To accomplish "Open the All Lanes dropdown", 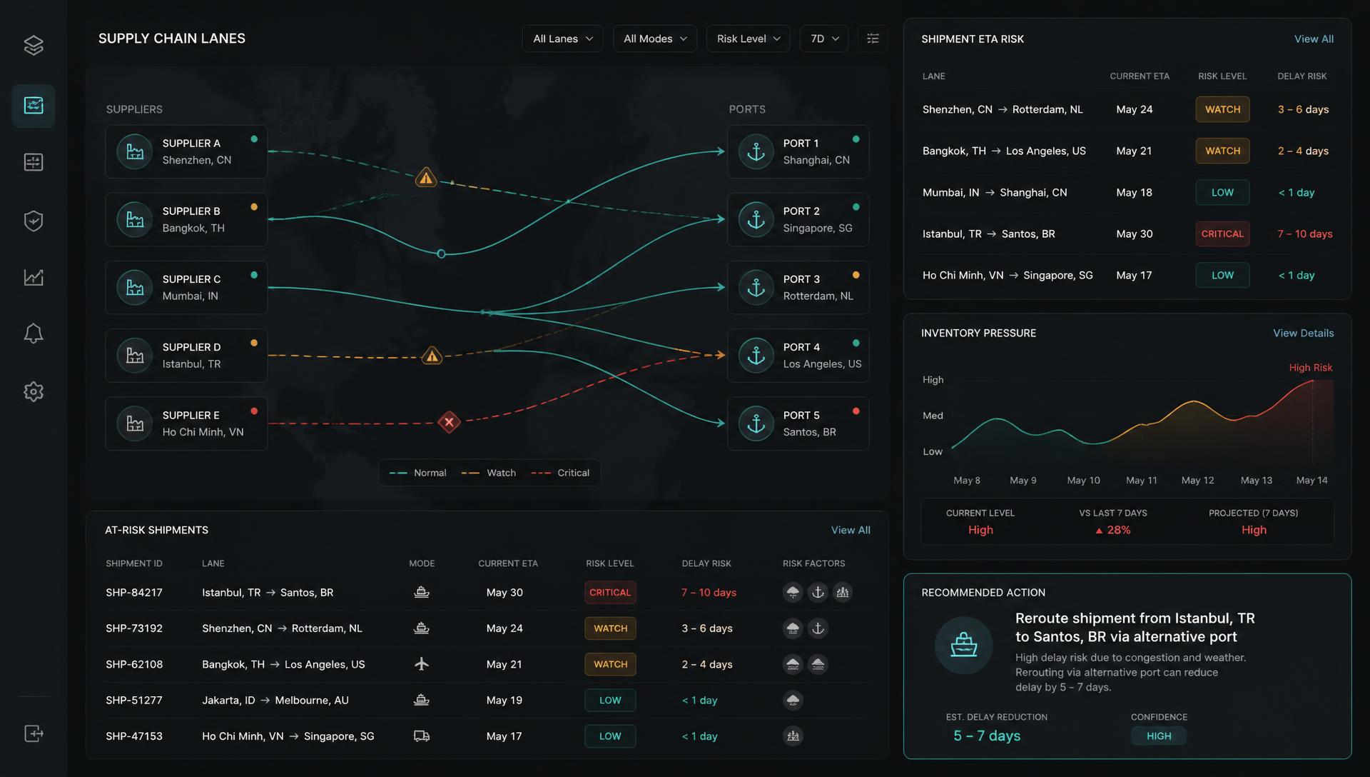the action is pyautogui.click(x=562, y=39).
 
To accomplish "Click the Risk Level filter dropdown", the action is pyautogui.click(x=748, y=39).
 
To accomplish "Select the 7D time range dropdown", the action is pyautogui.click(x=824, y=39).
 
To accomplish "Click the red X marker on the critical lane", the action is pyautogui.click(x=449, y=422).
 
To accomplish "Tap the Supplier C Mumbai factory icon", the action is pyautogui.click(x=135, y=287).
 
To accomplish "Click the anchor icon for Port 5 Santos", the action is pyautogui.click(x=756, y=423).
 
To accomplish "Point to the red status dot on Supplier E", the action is pyautogui.click(x=254, y=411).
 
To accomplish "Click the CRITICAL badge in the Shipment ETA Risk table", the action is pyautogui.click(x=1222, y=234).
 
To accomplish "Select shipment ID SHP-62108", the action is pyautogui.click(x=134, y=664).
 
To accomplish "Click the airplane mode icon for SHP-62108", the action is pyautogui.click(x=422, y=664).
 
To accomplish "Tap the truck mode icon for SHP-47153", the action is pyautogui.click(x=422, y=736).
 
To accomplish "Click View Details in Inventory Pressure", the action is pyautogui.click(x=1303, y=334).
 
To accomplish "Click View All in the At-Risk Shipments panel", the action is pyautogui.click(x=851, y=530).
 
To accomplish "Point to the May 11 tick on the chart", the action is pyautogui.click(x=1142, y=481).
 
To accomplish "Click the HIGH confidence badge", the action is pyautogui.click(x=1159, y=736).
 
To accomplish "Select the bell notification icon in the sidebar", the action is pyautogui.click(x=34, y=334).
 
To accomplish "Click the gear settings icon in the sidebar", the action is pyautogui.click(x=34, y=391).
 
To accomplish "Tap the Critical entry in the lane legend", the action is pyautogui.click(x=561, y=473).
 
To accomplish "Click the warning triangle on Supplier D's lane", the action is pyautogui.click(x=432, y=355).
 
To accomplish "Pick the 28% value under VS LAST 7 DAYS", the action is pyautogui.click(x=1113, y=530).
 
